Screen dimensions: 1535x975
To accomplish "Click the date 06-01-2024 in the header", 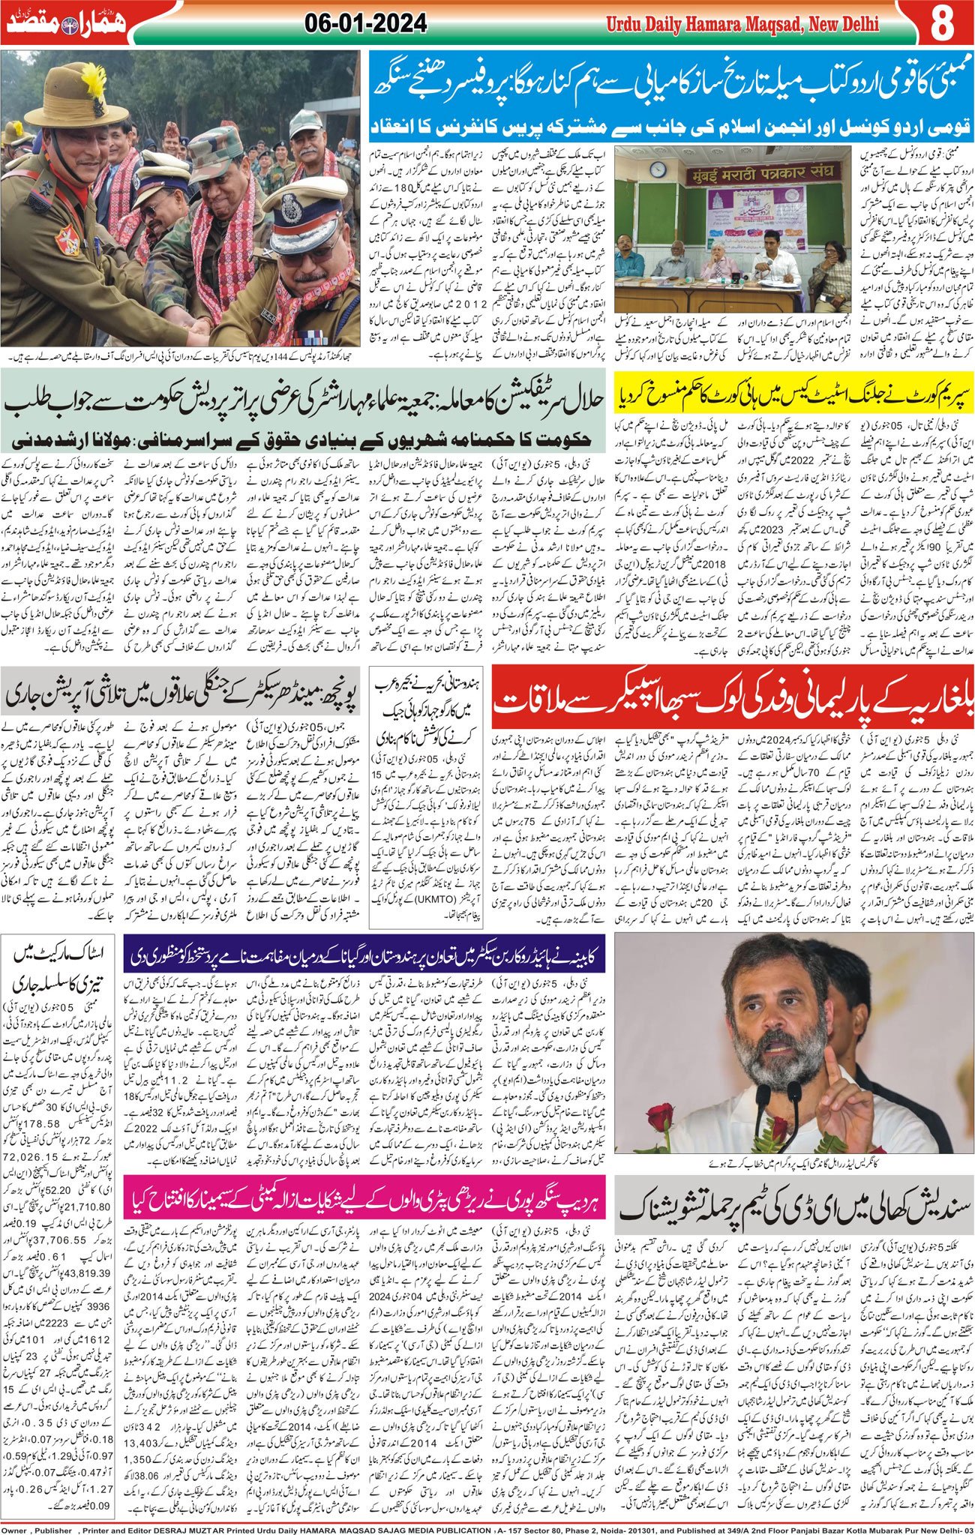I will point(367,24).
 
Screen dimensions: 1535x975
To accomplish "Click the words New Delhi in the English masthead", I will point(840,25).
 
